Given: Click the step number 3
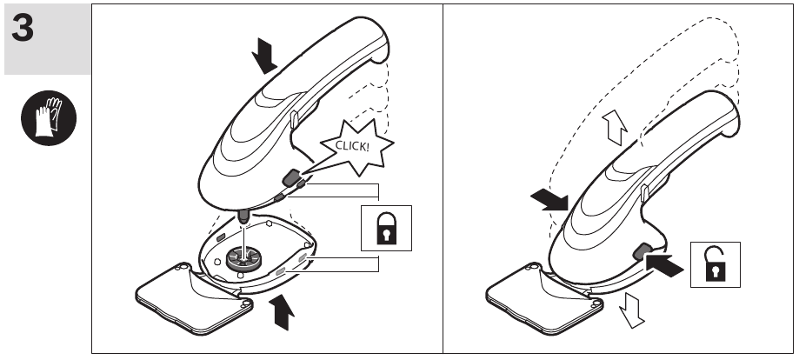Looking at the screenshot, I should (x=23, y=28).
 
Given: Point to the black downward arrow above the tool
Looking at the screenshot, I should (x=264, y=57).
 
